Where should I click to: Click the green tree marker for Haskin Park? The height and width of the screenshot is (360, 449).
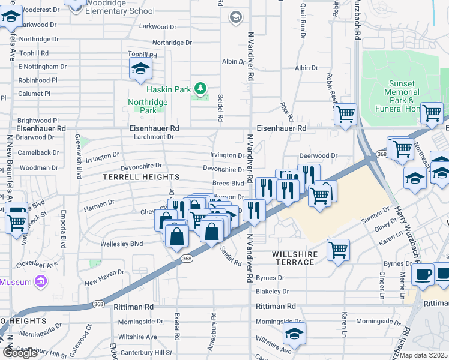pos(200,89)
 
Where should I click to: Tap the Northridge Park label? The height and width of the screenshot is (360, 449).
pos(147,106)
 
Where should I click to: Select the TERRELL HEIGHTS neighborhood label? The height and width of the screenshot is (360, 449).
pos(141,178)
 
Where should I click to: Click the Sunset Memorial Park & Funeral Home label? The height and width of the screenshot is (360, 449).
pos(401,96)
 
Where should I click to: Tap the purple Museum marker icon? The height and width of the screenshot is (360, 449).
pos(40,281)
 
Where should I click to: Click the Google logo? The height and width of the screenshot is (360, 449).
pos(20,352)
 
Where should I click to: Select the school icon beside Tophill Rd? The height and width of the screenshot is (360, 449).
pos(140,68)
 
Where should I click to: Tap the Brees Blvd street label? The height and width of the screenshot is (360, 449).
pos(228,184)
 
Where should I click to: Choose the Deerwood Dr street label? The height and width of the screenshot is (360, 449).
pos(318,156)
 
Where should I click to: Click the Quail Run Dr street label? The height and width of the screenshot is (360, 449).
pos(302,25)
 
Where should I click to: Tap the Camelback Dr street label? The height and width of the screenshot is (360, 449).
pos(38,152)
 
